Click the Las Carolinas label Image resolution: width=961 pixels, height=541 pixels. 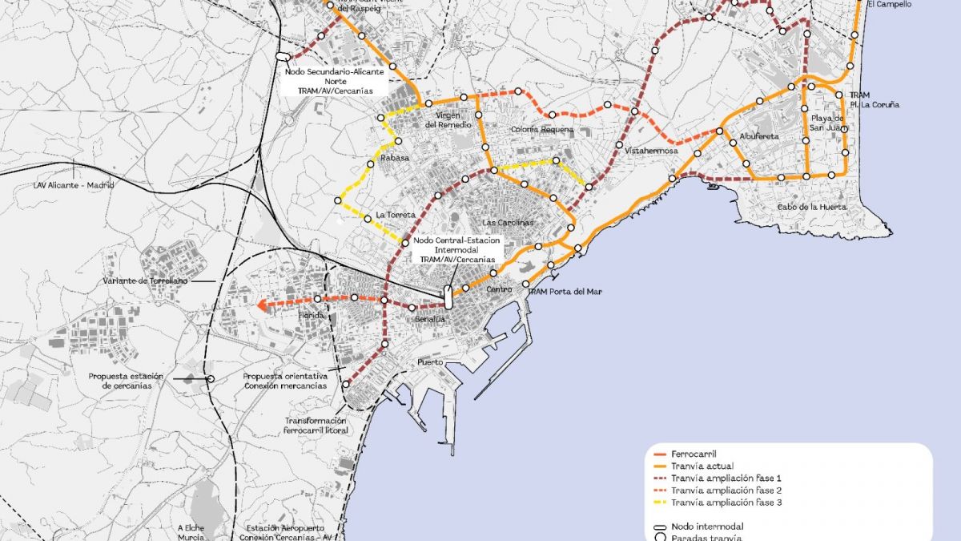tap(508, 222)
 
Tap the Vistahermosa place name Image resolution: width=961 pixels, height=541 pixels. tap(651, 151)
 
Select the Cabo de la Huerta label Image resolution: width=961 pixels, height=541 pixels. tap(810, 207)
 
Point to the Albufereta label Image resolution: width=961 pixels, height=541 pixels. tap(759, 137)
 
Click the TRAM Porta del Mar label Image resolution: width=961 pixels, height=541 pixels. tap(564, 292)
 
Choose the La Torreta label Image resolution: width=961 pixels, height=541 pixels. tap(396, 215)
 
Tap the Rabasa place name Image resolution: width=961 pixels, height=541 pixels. tap(395, 158)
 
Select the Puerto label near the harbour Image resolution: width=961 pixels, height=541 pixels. tap(430, 363)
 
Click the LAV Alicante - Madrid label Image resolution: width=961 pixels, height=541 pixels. tap(74, 185)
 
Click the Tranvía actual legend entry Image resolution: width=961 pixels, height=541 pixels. tap(702, 466)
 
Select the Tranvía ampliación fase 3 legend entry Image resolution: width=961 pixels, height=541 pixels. tap(726, 503)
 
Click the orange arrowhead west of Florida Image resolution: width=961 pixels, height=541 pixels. tap(262, 305)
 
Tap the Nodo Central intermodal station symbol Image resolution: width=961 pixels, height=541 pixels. tap(448, 298)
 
